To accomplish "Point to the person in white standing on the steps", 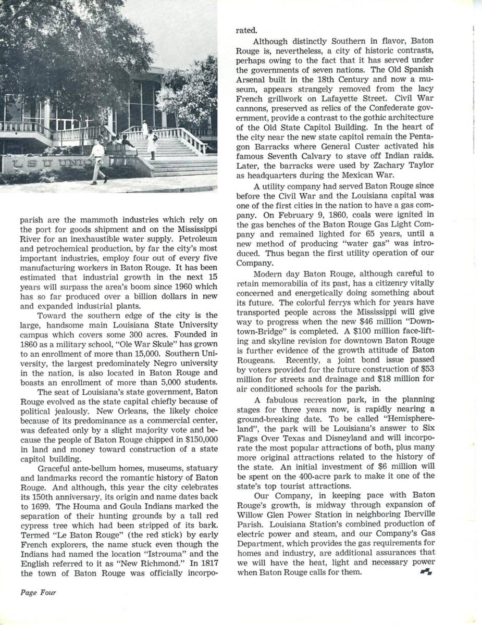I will tap(152, 144).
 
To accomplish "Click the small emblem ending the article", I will tap(424, 572).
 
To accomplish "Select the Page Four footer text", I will tap(38, 592).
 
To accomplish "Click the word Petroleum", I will tap(191, 237).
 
